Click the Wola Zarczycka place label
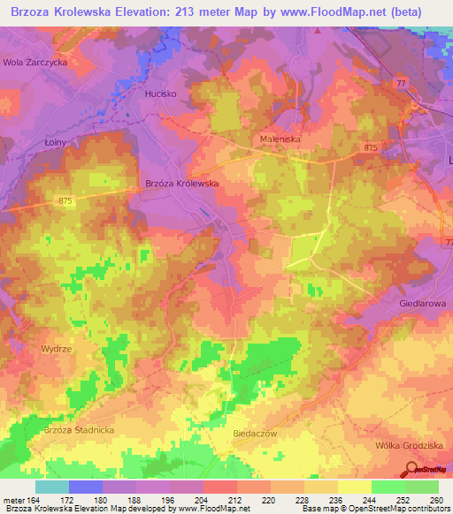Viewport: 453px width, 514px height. [35, 63]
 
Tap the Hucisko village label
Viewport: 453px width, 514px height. [161, 92]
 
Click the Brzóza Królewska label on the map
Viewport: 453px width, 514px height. [180, 184]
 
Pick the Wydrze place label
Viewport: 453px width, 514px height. [55, 349]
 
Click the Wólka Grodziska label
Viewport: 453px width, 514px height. [408, 445]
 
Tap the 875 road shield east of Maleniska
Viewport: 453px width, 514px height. [369, 147]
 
